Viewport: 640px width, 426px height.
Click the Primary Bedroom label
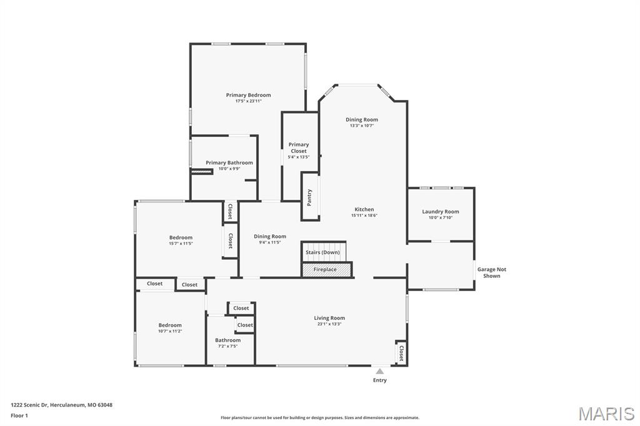click(248, 95)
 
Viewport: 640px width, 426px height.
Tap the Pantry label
click(309, 197)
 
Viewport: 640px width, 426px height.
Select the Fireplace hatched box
click(326, 270)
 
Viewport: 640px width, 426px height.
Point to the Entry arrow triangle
click(379, 371)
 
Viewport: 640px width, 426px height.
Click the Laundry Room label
click(441, 211)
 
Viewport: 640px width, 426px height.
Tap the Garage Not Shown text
click(491, 272)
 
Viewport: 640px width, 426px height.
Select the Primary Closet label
click(299, 147)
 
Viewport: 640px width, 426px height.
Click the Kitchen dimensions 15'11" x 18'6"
click(364, 215)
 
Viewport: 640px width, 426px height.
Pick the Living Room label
click(329, 318)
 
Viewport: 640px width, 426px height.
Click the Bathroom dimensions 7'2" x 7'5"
click(227, 347)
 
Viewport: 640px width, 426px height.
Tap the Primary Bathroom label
click(229, 162)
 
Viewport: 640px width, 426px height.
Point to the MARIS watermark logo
click(606, 414)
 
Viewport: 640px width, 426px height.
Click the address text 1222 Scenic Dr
click(29, 405)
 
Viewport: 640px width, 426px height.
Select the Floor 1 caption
click(19, 416)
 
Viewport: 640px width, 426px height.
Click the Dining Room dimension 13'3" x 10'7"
click(362, 126)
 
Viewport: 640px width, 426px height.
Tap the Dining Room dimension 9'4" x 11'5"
click(270, 242)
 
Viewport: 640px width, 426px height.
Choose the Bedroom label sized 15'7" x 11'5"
click(181, 237)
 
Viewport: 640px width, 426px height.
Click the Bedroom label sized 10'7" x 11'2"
click(170, 325)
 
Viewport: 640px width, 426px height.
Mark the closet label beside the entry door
click(401, 353)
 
